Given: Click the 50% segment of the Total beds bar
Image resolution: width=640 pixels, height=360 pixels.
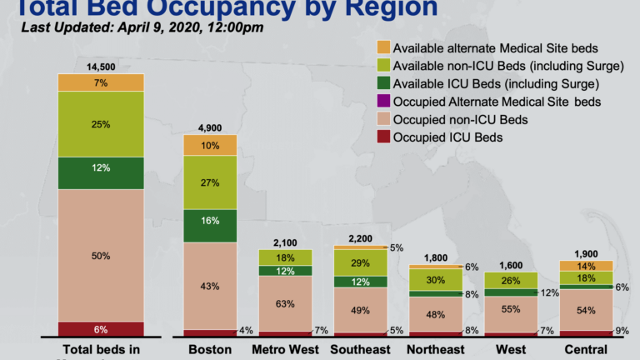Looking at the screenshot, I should pyautogui.click(x=101, y=255).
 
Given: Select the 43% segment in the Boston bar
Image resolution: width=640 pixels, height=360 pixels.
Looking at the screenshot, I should pyautogui.click(x=210, y=286).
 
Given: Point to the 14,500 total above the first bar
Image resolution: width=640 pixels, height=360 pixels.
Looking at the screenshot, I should pyautogui.click(x=101, y=66).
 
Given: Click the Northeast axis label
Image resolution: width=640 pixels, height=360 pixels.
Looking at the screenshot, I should pyautogui.click(x=435, y=349).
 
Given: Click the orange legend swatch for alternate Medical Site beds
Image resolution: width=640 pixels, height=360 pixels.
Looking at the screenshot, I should pyautogui.click(x=382, y=47).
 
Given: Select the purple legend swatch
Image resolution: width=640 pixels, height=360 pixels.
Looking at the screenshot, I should pyautogui.click(x=382, y=102).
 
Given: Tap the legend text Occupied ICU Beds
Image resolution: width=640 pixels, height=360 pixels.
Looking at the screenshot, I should pyautogui.click(x=447, y=137).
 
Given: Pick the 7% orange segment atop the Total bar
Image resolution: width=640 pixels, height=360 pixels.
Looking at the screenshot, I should pyautogui.click(x=101, y=82).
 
